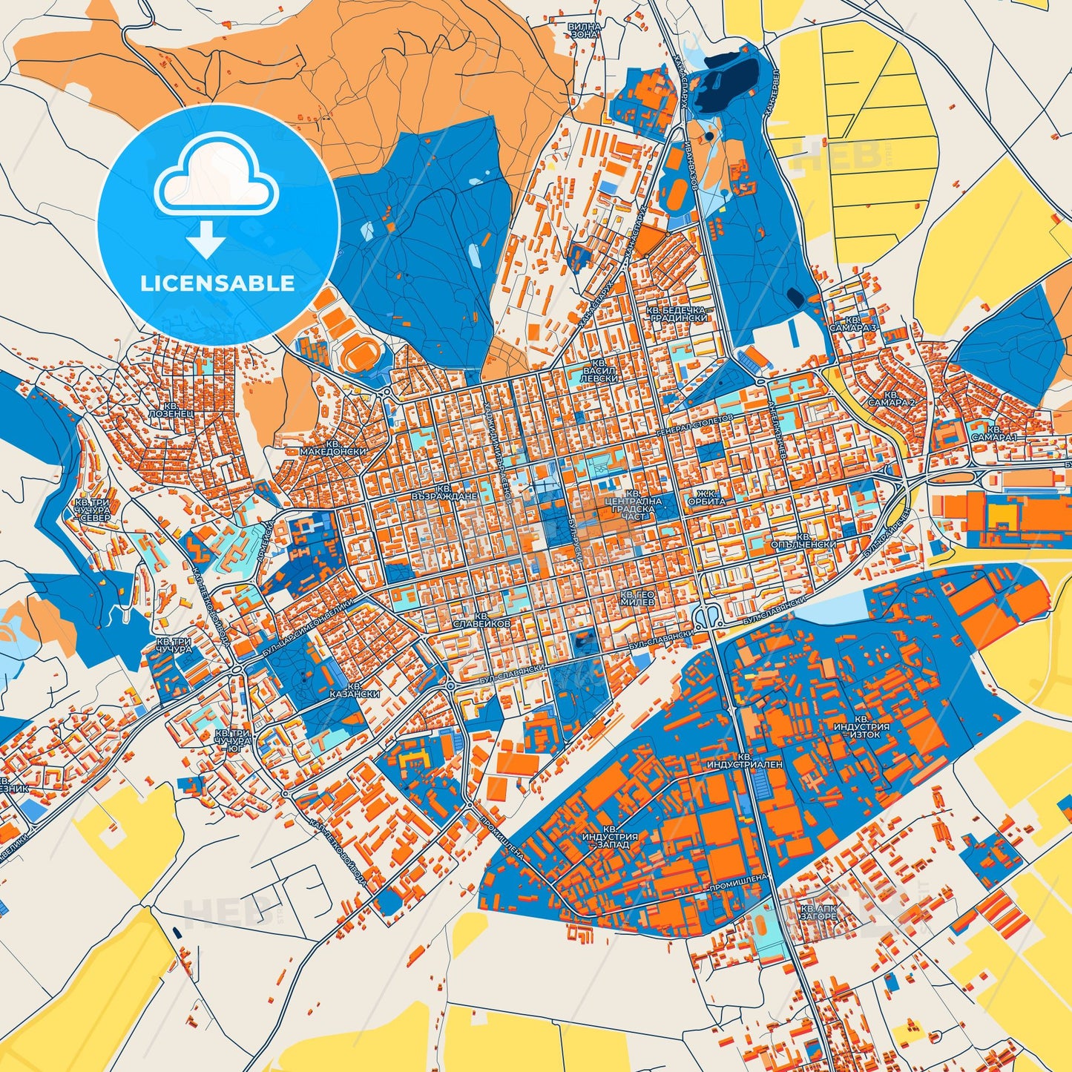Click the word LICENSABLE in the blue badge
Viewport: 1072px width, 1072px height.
[x=217, y=283]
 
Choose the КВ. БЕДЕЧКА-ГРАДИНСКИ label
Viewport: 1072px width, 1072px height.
[x=676, y=313]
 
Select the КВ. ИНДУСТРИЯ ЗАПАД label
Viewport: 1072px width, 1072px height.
[x=605, y=836]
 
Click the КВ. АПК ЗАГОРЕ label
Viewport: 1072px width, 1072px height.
[x=818, y=912]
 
